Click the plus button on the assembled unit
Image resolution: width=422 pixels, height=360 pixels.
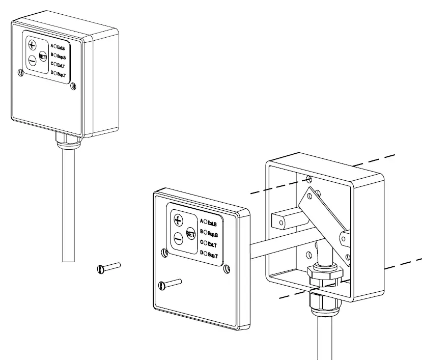coord(33,44)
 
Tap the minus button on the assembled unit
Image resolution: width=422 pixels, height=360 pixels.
coord(32,60)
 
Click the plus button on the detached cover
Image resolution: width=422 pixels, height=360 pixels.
coord(178,220)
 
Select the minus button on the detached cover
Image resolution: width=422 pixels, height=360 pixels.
coord(178,237)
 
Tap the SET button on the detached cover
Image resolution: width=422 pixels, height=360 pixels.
coord(191,234)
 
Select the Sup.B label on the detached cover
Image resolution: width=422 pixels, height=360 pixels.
coord(213,234)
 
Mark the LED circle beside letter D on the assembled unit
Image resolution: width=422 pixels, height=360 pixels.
coord(55,74)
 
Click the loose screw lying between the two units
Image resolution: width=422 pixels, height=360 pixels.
coord(108,268)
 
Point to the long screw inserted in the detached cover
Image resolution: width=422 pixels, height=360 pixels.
coord(171,284)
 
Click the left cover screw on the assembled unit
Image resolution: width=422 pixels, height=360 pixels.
coord(20,73)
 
